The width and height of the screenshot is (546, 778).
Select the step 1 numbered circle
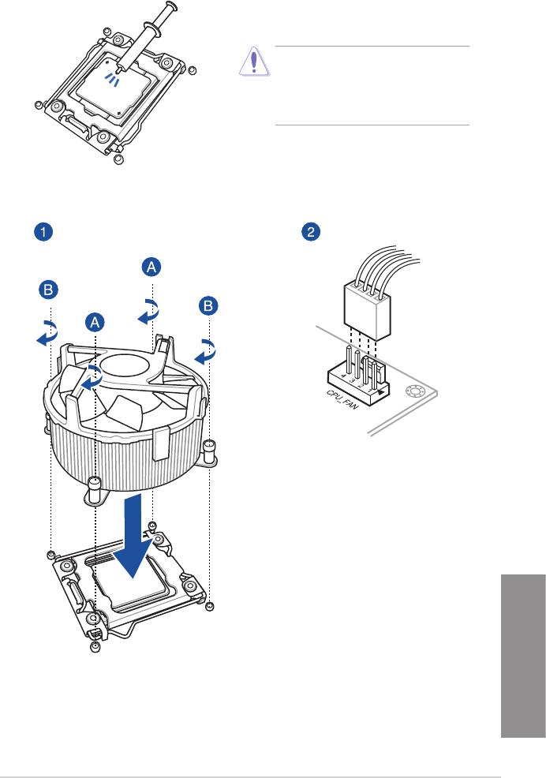coord(43,232)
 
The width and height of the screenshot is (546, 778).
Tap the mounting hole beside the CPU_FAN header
coord(414,391)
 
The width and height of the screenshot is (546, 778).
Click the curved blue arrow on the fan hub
coord(93,376)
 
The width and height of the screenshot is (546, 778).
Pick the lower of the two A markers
coord(94,322)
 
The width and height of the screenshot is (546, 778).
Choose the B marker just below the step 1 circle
coord(49,291)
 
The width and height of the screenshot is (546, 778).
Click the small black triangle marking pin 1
coord(383,391)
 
